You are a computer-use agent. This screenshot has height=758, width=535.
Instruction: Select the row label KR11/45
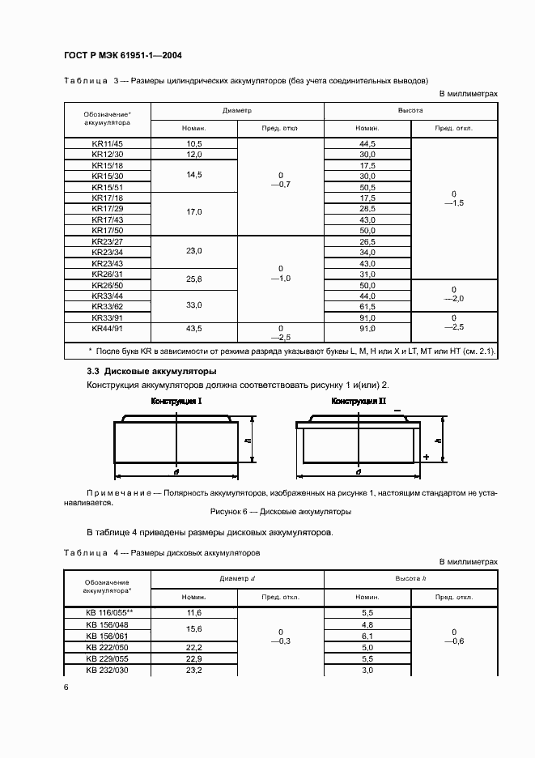pyautogui.click(x=107, y=143)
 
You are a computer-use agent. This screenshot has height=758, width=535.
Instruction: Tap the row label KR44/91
pyautogui.click(x=107, y=329)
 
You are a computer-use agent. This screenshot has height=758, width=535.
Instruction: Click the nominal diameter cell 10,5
pyautogui.click(x=194, y=143)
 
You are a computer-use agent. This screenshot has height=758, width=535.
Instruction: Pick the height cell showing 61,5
pyautogui.click(x=367, y=307)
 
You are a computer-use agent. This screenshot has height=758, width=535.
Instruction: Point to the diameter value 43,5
pyautogui.click(x=194, y=329)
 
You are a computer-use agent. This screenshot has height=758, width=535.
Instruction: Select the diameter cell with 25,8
pyautogui.click(x=194, y=279)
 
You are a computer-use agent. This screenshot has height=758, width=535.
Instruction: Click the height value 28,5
pyautogui.click(x=367, y=208)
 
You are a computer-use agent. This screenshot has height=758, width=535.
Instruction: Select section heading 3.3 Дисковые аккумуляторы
pyautogui.click(x=151, y=371)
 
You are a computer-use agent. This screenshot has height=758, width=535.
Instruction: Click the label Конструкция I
pyautogui.click(x=176, y=401)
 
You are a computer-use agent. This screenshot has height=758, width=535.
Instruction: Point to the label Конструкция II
pyautogui.click(x=359, y=401)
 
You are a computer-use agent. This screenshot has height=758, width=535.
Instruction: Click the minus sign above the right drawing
pyautogui.click(x=397, y=411)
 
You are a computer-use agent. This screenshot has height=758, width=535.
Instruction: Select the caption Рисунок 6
pyautogui.click(x=280, y=512)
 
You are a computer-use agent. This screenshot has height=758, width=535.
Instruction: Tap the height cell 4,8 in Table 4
pyautogui.click(x=367, y=625)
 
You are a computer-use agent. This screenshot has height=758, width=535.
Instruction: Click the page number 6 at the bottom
pyautogui.click(x=66, y=687)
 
